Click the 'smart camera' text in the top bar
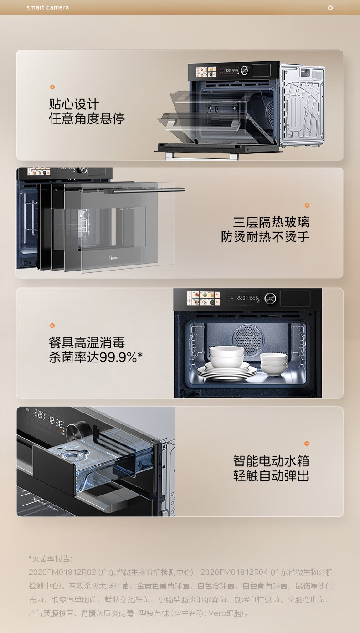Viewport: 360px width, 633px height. [x=48, y=8]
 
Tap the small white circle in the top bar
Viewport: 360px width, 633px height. [x=330, y=8]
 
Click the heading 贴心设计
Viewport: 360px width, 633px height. [x=74, y=104]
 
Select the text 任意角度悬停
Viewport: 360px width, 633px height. [x=87, y=119]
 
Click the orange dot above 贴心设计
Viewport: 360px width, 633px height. [x=52, y=87]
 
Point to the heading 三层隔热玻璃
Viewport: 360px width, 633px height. [x=271, y=222]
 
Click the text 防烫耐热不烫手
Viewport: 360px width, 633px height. [x=265, y=237]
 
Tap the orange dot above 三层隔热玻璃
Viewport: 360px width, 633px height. [x=307, y=205]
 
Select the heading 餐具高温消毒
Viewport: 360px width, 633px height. [x=87, y=342]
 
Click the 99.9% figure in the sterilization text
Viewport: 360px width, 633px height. [x=118, y=357]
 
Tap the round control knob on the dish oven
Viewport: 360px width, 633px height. [x=271, y=298]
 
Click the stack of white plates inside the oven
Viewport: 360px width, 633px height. [x=226, y=371]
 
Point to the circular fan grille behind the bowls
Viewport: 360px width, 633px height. [x=248, y=337]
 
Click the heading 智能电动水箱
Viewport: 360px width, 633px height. [x=271, y=460]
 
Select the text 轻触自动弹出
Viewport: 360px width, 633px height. [x=271, y=476]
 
